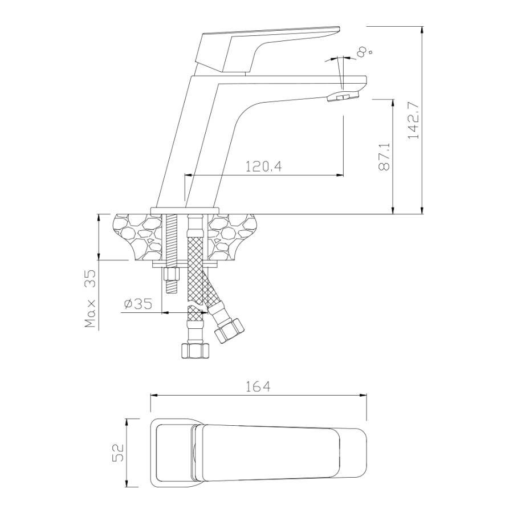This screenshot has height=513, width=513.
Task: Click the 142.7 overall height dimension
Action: tap(414, 120)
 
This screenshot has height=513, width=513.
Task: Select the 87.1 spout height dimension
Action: tap(384, 157)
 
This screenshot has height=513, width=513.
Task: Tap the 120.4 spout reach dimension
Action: tap(263, 167)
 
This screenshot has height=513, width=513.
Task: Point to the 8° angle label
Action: tap(364, 51)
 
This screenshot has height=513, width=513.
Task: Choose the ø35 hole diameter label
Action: tap(139, 304)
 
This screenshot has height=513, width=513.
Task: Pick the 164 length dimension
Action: tap(258, 386)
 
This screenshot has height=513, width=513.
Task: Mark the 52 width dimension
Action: tap(118, 453)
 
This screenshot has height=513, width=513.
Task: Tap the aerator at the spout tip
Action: tap(343, 96)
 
